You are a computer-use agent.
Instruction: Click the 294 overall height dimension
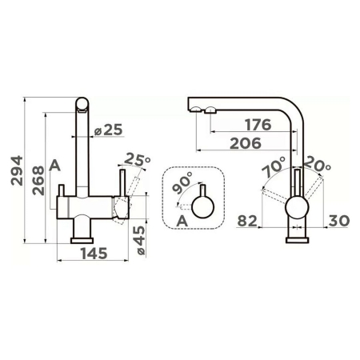coord(17,170)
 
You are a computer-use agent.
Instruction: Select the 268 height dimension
coord(38,181)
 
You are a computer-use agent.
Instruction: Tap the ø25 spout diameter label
coord(109,130)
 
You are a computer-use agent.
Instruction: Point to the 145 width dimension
coord(94,254)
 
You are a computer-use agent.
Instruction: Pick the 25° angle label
coord(138,159)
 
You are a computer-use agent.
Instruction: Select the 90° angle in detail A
coord(182,182)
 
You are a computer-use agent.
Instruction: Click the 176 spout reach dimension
coord(258,125)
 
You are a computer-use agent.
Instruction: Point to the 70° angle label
coord(274,167)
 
